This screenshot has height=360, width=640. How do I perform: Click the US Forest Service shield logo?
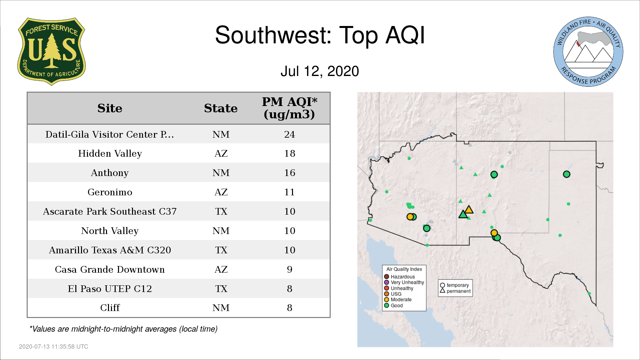click(x=51, y=52)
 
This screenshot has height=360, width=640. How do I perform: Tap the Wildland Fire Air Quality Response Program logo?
click(x=588, y=52)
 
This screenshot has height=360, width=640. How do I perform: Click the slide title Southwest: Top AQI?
click(x=320, y=35)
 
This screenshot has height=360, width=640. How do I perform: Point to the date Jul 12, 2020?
click(x=320, y=71)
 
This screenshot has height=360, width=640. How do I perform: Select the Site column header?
click(x=110, y=108)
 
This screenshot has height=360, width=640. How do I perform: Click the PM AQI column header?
click(x=289, y=108)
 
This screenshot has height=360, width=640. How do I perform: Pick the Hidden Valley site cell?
click(x=110, y=153)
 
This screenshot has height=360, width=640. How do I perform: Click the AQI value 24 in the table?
click(x=289, y=134)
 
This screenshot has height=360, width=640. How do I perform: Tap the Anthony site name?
click(x=110, y=173)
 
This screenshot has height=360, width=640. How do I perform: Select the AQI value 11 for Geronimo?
click(x=289, y=192)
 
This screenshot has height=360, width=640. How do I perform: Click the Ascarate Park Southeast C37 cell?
click(x=110, y=211)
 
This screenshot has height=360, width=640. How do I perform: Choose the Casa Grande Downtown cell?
click(x=110, y=269)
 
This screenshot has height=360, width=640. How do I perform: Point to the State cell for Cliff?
click(x=221, y=308)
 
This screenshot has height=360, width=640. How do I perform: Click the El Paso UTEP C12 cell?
click(x=110, y=289)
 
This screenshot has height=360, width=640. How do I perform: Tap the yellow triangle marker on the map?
click(x=469, y=210)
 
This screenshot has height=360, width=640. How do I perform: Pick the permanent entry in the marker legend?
click(x=455, y=291)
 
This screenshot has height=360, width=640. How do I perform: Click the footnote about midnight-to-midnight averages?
click(x=123, y=329)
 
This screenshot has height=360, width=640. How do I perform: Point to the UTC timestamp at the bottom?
click(x=54, y=347)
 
